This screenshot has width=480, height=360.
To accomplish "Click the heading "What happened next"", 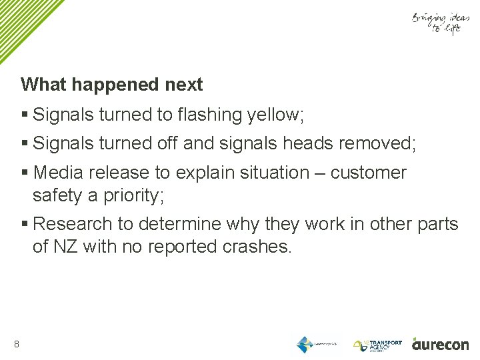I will click(x=111, y=85).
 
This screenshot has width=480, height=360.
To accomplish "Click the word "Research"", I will click(x=71, y=224).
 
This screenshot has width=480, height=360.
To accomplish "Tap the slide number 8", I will click(x=16, y=344).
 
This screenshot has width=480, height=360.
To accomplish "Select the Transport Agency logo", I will click(x=377, y=345).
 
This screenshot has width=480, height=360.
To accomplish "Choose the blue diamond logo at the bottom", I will click(x=305, y=345).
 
